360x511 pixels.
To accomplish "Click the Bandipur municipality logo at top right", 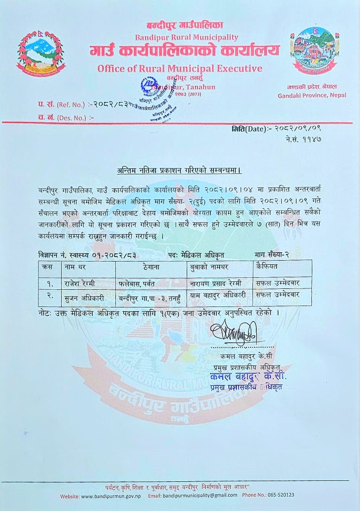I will click(316, 50).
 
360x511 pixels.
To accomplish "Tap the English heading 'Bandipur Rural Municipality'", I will click(186, 37).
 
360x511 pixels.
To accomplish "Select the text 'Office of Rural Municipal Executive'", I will click(180, 69).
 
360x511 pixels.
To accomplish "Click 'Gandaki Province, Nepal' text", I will click(312, 96).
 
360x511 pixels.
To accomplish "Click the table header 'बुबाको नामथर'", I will click(209, 267).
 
